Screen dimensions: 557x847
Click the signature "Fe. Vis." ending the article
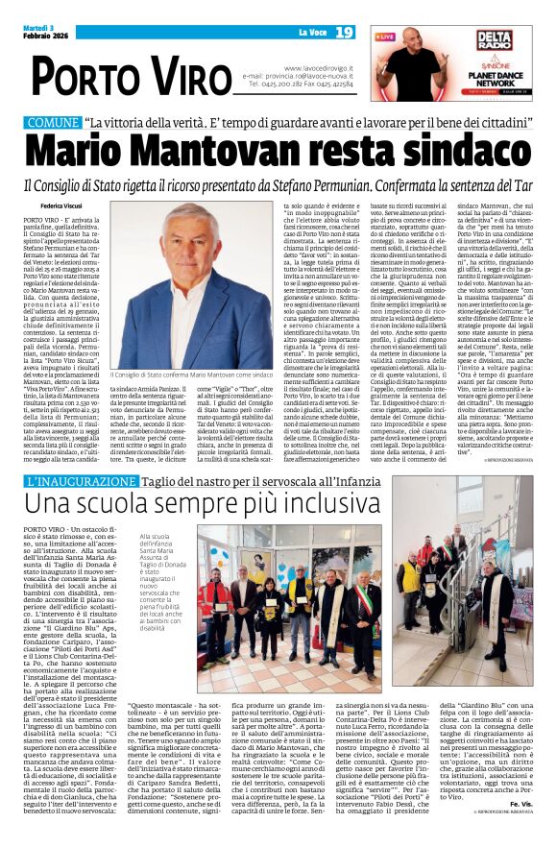[525, 829]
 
